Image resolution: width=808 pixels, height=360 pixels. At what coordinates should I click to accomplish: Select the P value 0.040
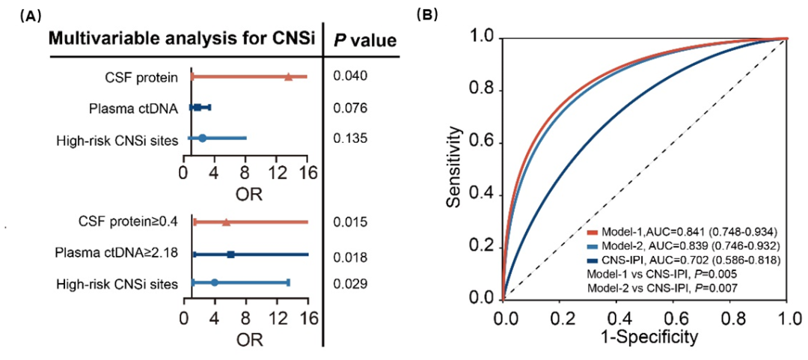click(349, 76)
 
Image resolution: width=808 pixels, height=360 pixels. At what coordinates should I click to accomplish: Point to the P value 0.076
click(349, 108)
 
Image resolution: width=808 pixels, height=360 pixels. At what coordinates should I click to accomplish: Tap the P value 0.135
click(349, 138)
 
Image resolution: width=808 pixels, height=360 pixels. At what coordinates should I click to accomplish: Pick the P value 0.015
click(349, 222)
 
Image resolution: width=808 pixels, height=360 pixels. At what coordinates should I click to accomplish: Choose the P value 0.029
click(349, 284)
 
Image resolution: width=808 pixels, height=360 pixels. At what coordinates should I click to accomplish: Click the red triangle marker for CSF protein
click(288, 76)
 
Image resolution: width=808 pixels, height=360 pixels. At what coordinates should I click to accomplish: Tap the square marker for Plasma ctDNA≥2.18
click(230, 254)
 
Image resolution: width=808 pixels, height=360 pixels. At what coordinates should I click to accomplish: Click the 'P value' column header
click(365, 40)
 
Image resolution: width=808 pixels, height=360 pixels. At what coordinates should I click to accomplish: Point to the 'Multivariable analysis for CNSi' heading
click(182, 40)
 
